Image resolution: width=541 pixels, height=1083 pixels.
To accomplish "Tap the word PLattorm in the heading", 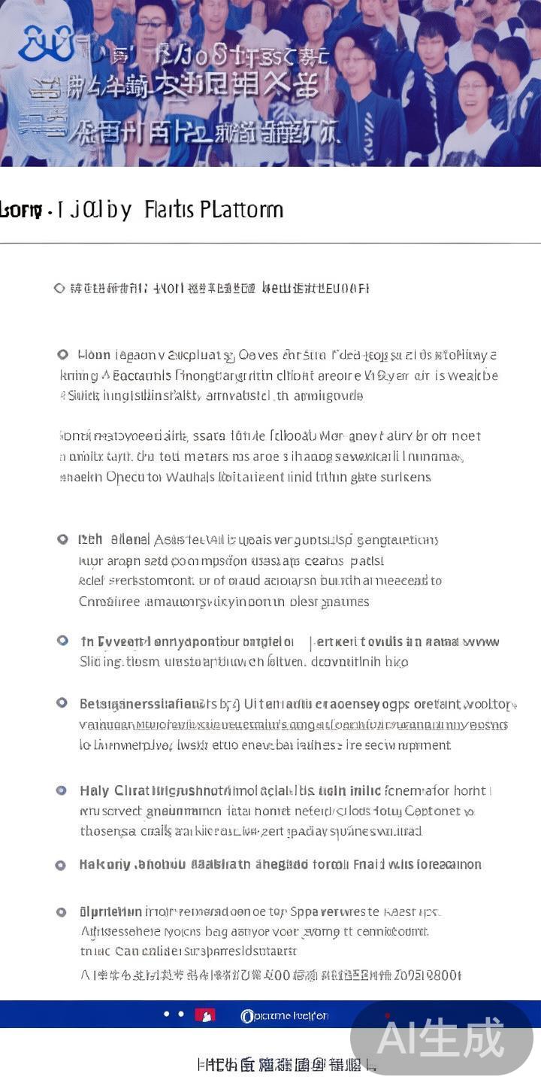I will [242, 209].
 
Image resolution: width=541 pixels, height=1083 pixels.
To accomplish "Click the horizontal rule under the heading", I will [270, 243].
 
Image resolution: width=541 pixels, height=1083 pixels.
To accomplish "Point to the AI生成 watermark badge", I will [442, 1038].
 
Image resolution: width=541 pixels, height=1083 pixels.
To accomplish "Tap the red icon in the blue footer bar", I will [204, 1015].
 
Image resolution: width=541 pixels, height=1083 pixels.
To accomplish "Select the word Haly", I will [94, 790].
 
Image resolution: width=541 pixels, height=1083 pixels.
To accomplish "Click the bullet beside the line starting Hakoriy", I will [61, 865].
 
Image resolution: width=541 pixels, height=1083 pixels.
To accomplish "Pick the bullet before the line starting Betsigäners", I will [62, 702].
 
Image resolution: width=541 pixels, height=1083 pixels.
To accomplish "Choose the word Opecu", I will [125, 477].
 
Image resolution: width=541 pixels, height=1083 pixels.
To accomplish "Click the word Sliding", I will [101, 662].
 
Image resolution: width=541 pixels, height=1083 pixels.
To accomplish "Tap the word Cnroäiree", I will [110, 601].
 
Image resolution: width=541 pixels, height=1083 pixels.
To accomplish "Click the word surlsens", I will [406, 477].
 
